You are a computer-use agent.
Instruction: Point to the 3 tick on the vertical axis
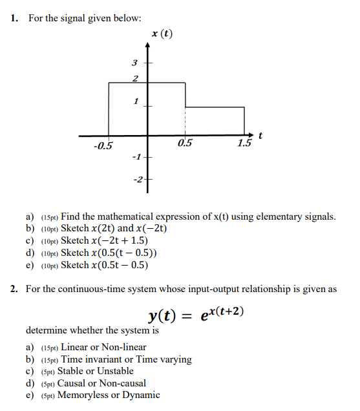click(x=134, y=63)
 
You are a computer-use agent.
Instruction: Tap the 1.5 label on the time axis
click(x=244, y=144)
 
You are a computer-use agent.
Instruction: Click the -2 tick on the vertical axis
click(x=137, y=178)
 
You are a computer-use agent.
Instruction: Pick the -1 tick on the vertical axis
click(x=135, y=157)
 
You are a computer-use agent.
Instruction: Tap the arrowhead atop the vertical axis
click(x=147, y=45)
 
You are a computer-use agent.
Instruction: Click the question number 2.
click(x=14, y=289)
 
